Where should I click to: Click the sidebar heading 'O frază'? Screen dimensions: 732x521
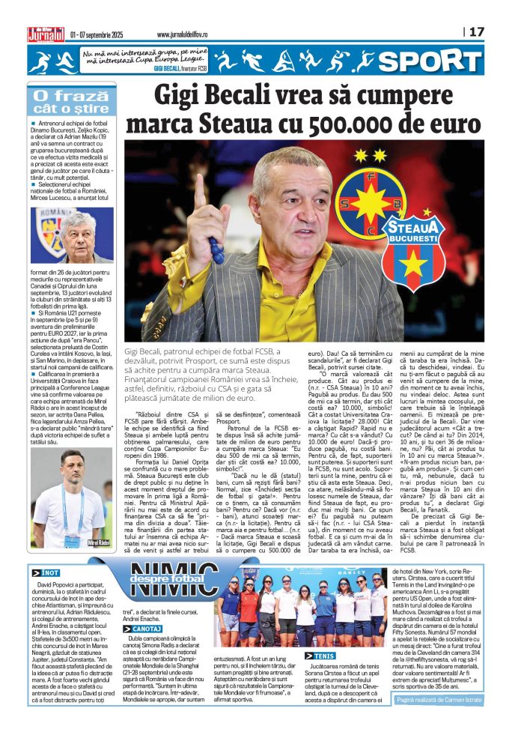(x=62, y=95)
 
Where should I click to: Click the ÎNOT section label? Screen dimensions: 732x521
(x=46, y=572)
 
